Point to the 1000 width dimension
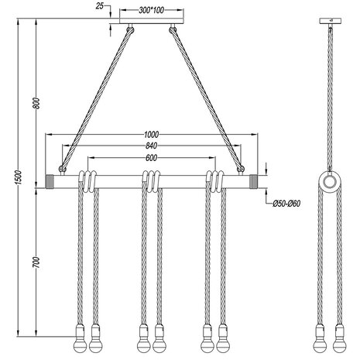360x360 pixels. [152, 132]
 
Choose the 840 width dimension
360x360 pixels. [152, 146]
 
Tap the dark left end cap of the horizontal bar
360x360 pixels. [52, 181]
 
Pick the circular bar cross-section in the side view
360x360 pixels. [329, 183]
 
